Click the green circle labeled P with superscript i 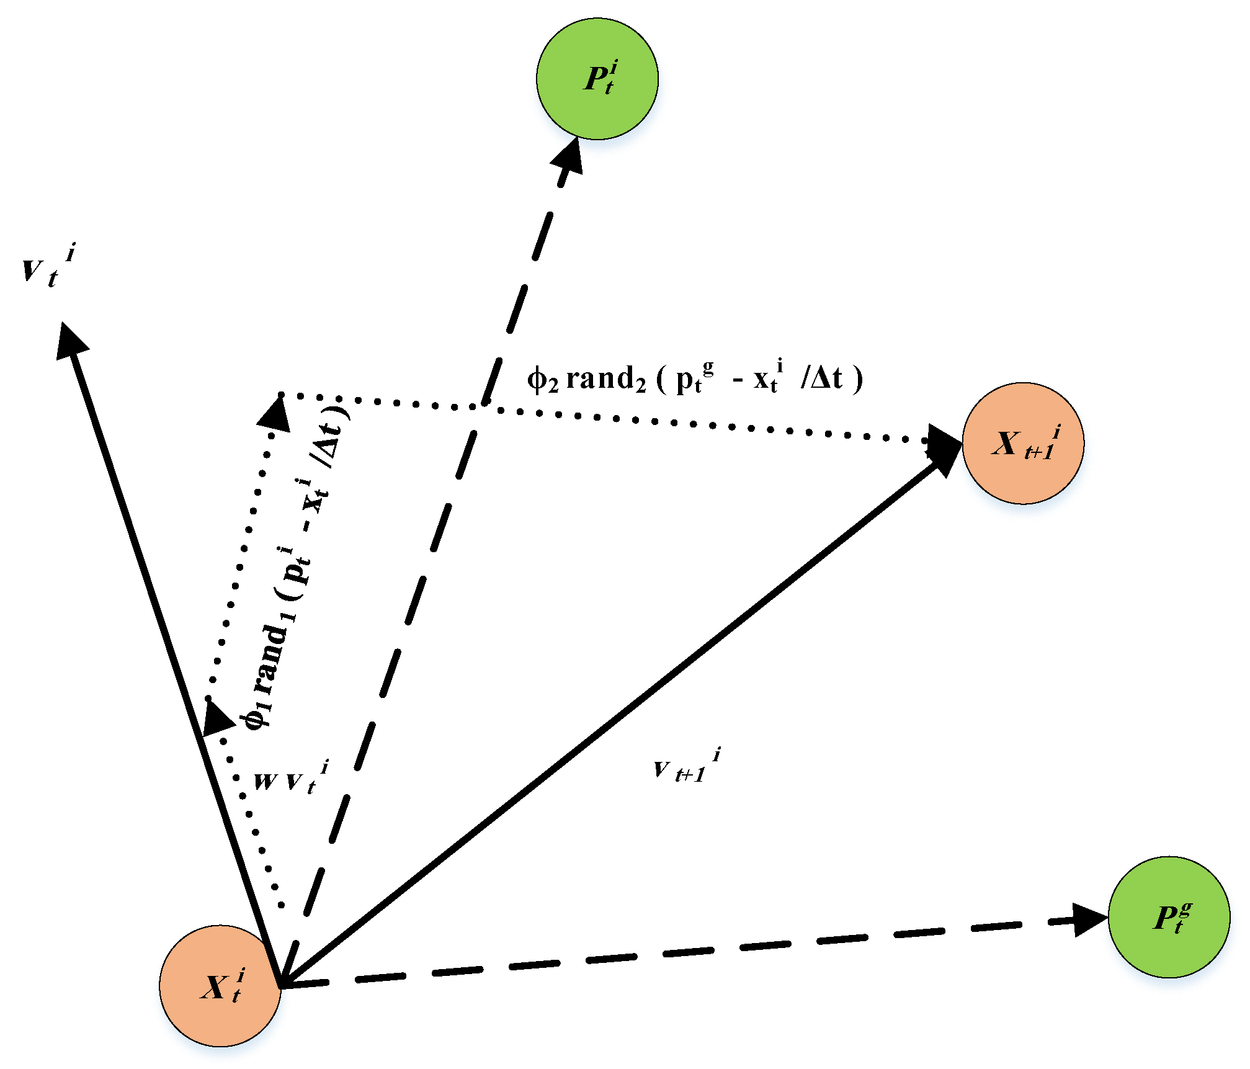[x=597, y=79]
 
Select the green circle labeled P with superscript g [x=1169, y=917]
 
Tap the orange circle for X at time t [x=220, y=986]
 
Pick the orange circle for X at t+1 [x=1023, y=443]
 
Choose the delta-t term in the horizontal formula [x=822, y=378]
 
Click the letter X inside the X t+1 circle [x=1006, y=443]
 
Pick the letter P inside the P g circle [x=1164, y=918]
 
